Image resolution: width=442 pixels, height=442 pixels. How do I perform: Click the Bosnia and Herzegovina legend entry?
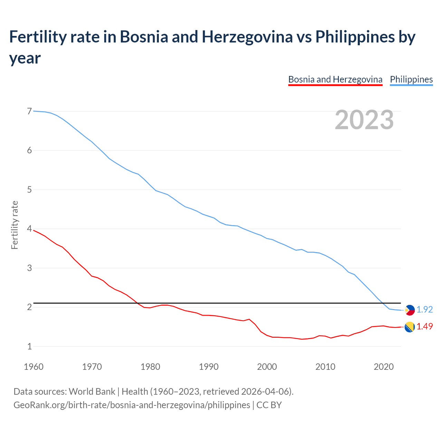click(335, 79)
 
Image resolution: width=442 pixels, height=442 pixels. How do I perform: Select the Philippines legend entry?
click(411, 79)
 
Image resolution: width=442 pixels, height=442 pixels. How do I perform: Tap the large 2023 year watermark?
click(364, 119)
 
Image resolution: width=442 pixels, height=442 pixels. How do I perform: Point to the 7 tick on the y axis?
click(29, 111)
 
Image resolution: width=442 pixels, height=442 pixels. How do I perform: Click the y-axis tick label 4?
click(29, 229)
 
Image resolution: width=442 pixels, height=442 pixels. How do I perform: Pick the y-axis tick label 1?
click(29, 346)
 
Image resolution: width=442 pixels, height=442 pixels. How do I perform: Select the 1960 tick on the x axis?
click(33, 366)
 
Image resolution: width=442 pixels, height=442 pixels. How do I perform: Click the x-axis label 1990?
click(209, 366)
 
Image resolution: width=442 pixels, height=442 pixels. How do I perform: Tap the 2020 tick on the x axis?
click(384, 366)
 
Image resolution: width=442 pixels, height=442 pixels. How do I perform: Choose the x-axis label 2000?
click(267, 366)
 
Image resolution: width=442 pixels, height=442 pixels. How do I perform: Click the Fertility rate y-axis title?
click(15, 225)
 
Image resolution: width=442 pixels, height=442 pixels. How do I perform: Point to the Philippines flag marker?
click(410, 310)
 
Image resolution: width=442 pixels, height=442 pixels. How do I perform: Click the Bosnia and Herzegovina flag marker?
click(410, 327)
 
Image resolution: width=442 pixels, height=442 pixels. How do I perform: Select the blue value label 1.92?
click(424, 310)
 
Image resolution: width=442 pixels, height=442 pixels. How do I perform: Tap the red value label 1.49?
click(424, 326)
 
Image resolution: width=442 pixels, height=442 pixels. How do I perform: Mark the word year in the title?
click(25, 58)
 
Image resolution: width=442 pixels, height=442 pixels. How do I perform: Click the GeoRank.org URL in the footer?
click(132, 405)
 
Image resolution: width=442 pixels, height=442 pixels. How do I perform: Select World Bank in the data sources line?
click(92, 392)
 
